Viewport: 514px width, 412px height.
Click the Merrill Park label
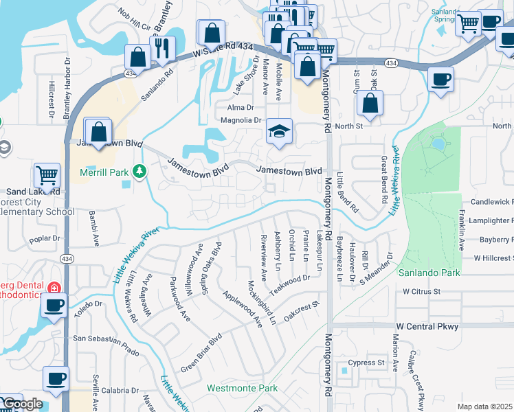tap(104, 172)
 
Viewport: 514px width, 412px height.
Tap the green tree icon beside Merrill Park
tap(140, 170)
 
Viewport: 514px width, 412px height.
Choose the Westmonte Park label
tap(243, 388)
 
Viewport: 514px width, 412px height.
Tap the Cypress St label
tap(366, 363)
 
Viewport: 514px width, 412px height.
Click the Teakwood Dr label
tap(289, 284)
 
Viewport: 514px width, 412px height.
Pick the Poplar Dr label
tap(45, 240)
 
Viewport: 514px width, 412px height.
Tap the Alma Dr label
tap(241, 108)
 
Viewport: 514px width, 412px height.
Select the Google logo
tap(22, 404)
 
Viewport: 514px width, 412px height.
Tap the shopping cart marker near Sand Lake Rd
tap(47, 175)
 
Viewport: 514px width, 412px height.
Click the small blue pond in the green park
tap(438, 144)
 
